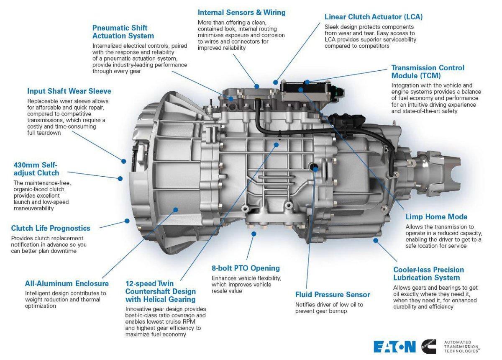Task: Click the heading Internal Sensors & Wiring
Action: point(241,13)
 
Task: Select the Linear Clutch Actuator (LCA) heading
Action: point(374,17)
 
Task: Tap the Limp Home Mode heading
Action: point(436,217)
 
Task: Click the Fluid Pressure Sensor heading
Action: point(333,295)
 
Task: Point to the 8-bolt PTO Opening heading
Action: point(246,268)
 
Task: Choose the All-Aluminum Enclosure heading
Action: point(67,284)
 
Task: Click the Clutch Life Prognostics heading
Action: point(51,228)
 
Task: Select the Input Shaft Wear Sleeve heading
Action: point(69,91)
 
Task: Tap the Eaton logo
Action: point(394,347)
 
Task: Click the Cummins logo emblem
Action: point(429,347)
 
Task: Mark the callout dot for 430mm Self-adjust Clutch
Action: point(120,178)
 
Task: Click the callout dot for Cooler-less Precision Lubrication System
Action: point(376,240)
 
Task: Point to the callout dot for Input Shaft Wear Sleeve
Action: point(124,161)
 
